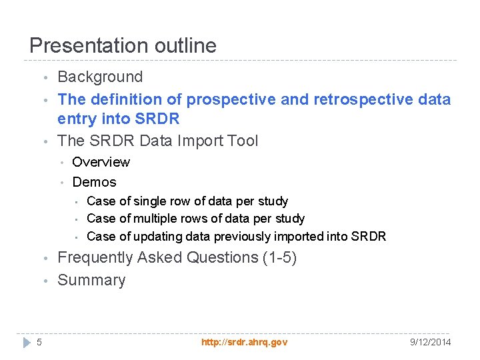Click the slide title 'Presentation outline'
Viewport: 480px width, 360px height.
coord(123,45)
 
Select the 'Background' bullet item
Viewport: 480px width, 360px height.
coord(100,77)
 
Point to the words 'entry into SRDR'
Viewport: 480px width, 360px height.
coord(118,119)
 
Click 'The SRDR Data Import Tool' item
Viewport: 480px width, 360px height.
coord(157,141)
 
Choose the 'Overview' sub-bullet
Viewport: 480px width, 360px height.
coord(101,162)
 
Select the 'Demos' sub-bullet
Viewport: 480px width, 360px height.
coord(94,182)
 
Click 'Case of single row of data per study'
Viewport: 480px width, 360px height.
coord(187,201)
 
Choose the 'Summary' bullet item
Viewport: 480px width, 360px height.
coord(91,280)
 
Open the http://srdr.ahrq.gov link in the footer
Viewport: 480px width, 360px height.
coord(244,342)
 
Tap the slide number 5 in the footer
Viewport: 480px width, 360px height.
coord(39,342)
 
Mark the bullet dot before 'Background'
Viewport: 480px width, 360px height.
coord(45,79)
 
